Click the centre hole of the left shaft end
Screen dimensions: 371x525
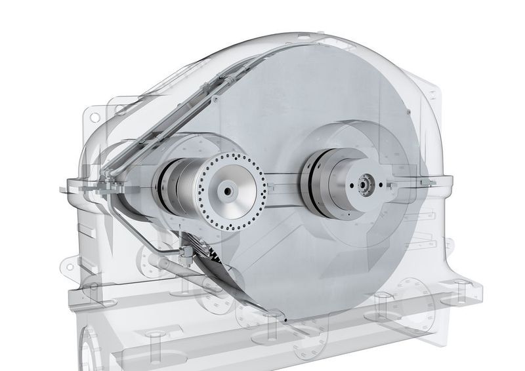[226, 191]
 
